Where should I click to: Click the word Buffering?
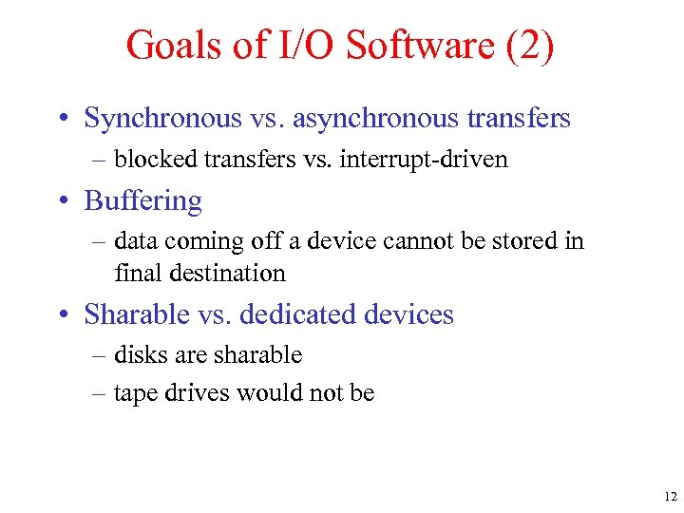pos(142,201)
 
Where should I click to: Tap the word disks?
pos(136,355)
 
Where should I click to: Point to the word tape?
pos(133,393)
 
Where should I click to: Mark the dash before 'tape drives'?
pos(101,393)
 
